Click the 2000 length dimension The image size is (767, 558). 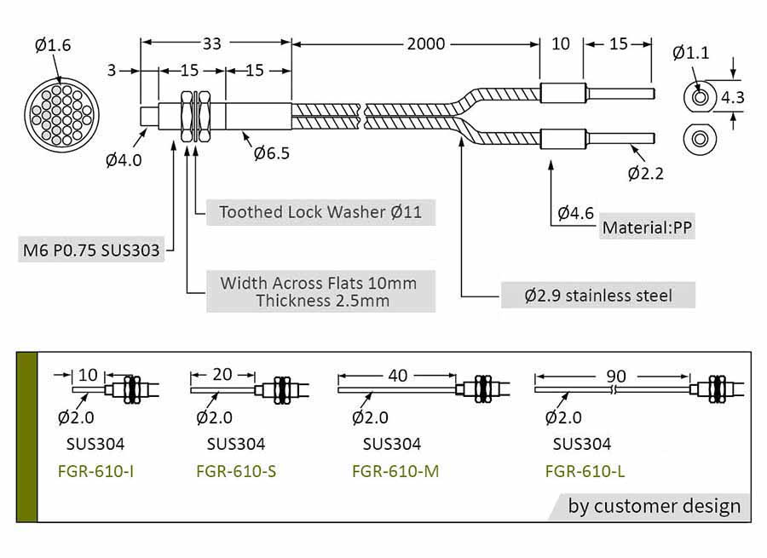click(425, 43)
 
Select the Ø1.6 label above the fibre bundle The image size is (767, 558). click(53, 46)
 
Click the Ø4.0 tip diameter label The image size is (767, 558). click(124, 159)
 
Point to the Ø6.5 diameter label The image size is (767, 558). click(271, 153)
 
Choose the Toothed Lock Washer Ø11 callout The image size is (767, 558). click(320, 211)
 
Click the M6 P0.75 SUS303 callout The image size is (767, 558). click(91, 251)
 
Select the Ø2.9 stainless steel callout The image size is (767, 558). click(598, 296)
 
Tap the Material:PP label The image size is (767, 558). click(648, 227)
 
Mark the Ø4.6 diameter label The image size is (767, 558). click(575, 213)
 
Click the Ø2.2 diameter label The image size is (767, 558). click(645, 174)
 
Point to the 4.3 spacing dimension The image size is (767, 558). click(732, 97)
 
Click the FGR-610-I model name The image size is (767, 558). click(95, 470)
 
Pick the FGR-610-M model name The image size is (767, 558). click(395, 470)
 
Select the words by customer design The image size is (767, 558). click(655, 506)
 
